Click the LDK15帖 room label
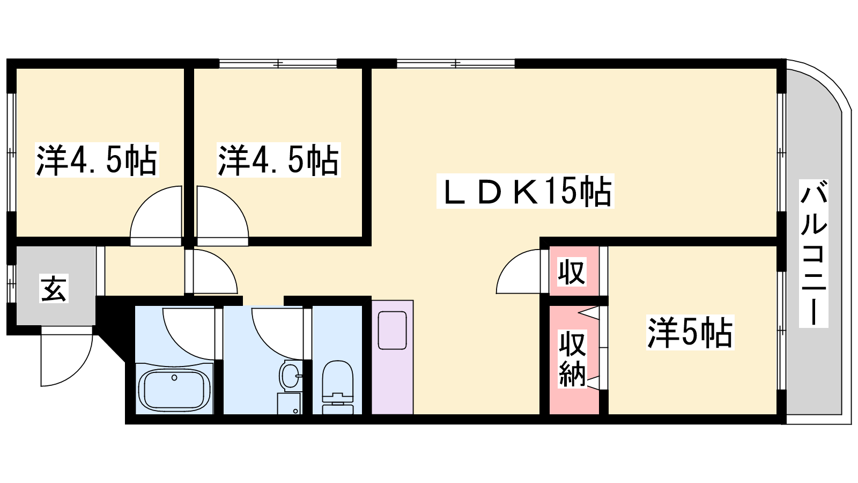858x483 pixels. (525, 191)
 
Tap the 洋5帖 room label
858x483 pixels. (690, 332)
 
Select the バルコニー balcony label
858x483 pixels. (813, 253)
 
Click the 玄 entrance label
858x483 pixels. (54, 288)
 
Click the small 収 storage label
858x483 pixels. (572, 272)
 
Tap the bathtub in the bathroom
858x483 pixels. (174, 389)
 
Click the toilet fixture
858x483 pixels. (337, 387)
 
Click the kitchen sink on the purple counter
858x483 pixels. (392, 330)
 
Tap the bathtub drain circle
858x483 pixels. (174, 378)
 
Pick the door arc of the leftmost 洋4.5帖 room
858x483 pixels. (145, 201)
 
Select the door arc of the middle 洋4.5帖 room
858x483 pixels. (234, 201)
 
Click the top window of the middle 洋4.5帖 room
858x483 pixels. (278, 64)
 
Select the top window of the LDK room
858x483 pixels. (456, 64)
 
